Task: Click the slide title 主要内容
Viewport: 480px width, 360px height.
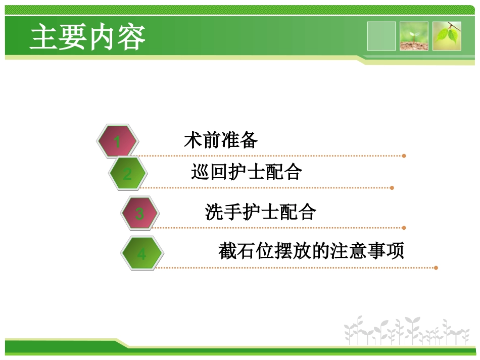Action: [87, 37]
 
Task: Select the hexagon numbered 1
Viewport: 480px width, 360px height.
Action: [117, 141]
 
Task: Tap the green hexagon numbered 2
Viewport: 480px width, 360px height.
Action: [128, 174]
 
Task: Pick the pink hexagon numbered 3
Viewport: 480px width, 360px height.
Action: [140, 213]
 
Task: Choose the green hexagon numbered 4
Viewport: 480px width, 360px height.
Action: [141, 253]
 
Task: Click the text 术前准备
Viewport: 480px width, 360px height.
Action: [221, 140]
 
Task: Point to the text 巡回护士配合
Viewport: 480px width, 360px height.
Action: [247, 172]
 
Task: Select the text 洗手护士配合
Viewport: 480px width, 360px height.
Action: [260, 212]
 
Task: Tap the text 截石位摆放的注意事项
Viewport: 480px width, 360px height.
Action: [311, 250]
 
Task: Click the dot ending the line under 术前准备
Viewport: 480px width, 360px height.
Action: [404, 156]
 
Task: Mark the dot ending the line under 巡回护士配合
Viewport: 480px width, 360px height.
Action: [392, 188]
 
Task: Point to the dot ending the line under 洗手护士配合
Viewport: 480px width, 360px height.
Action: [404, 228]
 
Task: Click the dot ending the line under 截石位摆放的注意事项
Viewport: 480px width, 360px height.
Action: [436, 268]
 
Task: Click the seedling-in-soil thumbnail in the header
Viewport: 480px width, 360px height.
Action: [414, 36]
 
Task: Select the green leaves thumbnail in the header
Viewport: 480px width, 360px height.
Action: [447, 36]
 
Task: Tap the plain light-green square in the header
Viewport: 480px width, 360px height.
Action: [381, 36]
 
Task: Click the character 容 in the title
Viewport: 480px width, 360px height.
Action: [131, 37]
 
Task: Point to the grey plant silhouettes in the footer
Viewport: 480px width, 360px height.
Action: [406, 331]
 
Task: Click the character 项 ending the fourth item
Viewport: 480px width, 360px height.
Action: [395, 250]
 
